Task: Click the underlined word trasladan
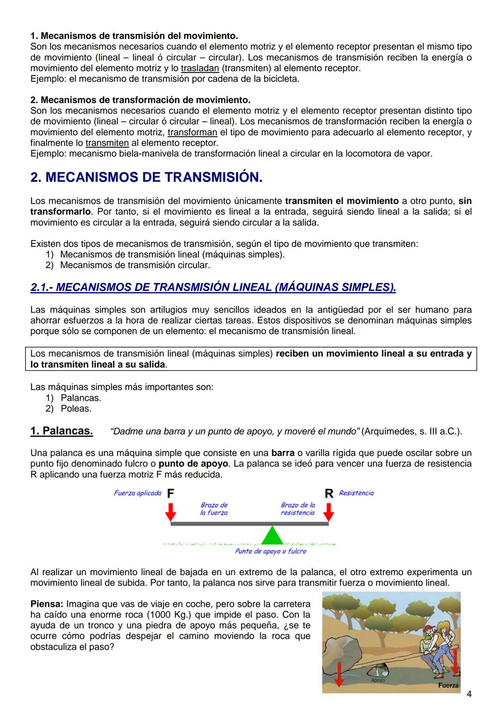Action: tap(199, 68)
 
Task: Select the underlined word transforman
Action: tap(192, 132)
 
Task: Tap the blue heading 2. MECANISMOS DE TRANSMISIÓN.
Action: tap(146, 177)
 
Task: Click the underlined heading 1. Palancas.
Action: tap(61, 431)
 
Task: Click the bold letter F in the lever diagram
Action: tap(171, 494)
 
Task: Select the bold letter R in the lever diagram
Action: tap(329, 494)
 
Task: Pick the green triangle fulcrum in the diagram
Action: tap(272, 537)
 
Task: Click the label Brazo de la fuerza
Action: tap(214, 509)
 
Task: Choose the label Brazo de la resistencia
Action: tap(297, 509)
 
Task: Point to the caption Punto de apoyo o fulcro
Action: tap(271, 551)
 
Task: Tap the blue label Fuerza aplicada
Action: tap(138, 493)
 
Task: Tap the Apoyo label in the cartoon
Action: tap(378, 680)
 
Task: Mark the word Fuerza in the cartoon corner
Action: tap(448, 685)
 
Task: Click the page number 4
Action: tap(469, 694)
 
